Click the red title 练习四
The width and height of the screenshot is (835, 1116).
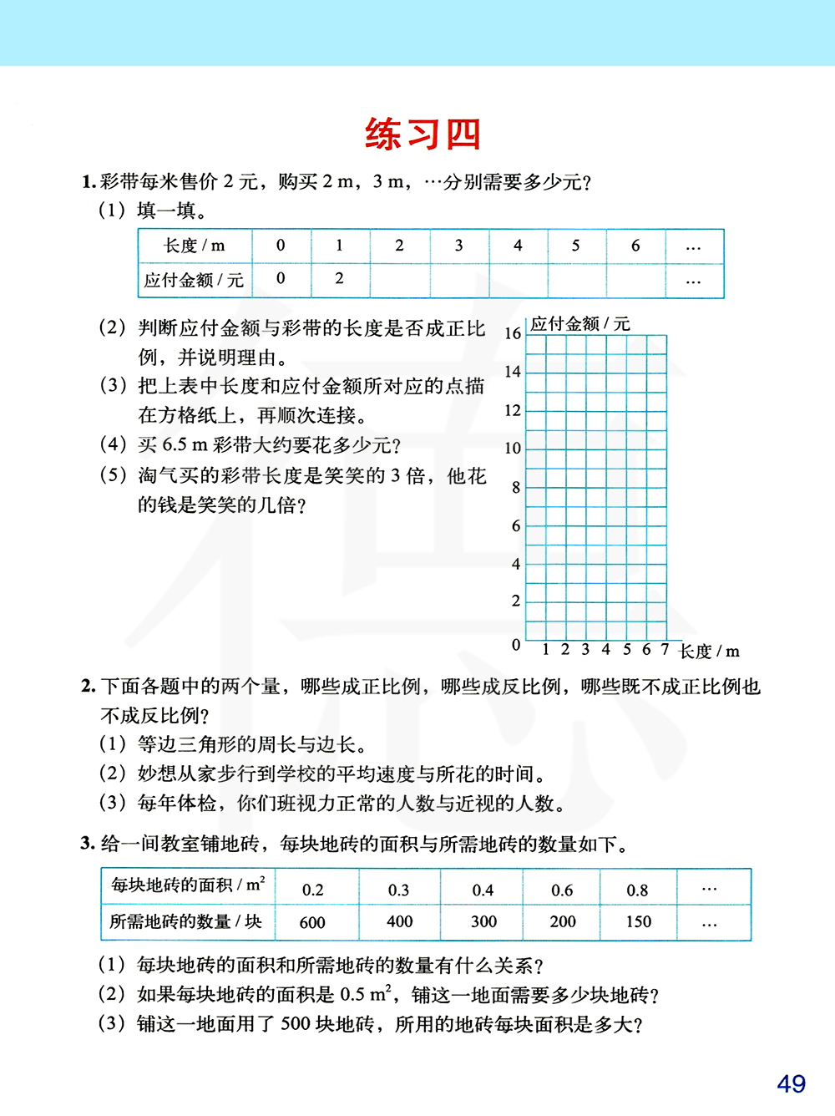click(x=423, y=134)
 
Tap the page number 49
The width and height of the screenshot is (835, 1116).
click(x=791, y=1083)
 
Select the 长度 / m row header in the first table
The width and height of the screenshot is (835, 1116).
click(x=195, y=246)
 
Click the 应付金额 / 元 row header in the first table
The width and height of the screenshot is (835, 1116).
click(x=194, y=280)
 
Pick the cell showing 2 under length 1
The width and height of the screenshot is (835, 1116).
click(x=339, y=279)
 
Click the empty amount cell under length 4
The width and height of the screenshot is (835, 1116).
click(x=518, y=280)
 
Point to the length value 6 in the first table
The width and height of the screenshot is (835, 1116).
click(x=635, y=246)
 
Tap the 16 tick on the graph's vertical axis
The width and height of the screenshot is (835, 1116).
click(x=513, y=333)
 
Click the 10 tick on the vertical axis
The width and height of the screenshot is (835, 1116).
click(x=513, y=449)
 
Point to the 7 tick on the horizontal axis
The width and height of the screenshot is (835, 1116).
click(x=665, y=649)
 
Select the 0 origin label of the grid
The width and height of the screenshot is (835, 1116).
click(x=516, y=645)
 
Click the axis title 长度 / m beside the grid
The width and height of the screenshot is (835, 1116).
click(x=709, y=652)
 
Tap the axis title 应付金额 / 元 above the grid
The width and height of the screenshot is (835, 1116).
click(x=580, y=324)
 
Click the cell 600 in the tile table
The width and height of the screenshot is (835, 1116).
click(x=312, y=923)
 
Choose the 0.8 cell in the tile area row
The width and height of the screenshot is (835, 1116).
click(x=637, y=890)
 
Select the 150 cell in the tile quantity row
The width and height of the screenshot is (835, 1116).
click(x=638, y=921)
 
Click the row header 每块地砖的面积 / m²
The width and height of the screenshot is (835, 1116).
click(x=188, y=885)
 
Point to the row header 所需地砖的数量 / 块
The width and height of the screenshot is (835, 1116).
click(x=185, y=921)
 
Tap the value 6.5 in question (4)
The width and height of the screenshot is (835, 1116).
click(x=175, y=445)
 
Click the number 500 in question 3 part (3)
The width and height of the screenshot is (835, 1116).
click(x=295, y=1023)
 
